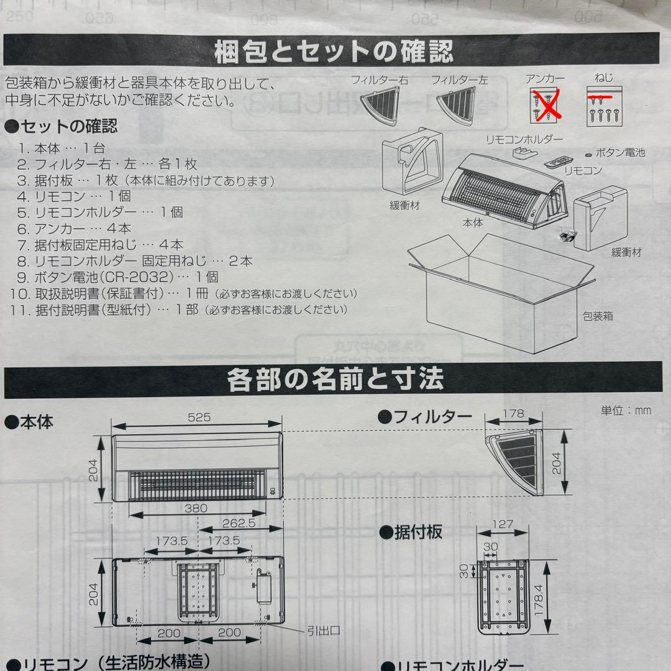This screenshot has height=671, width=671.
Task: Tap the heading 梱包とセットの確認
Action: (335, 52)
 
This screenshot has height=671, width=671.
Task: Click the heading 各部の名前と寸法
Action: (335, 379)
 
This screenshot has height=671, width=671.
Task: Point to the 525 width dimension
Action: (197, 417)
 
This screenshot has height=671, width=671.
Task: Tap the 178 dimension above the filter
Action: (514, 414)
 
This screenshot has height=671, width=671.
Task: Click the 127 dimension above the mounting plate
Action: (502, 524)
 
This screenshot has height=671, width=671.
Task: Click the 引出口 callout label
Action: (322, 631)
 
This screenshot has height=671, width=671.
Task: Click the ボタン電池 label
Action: (619, 152)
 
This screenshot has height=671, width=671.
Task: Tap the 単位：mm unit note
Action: (626, 411)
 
